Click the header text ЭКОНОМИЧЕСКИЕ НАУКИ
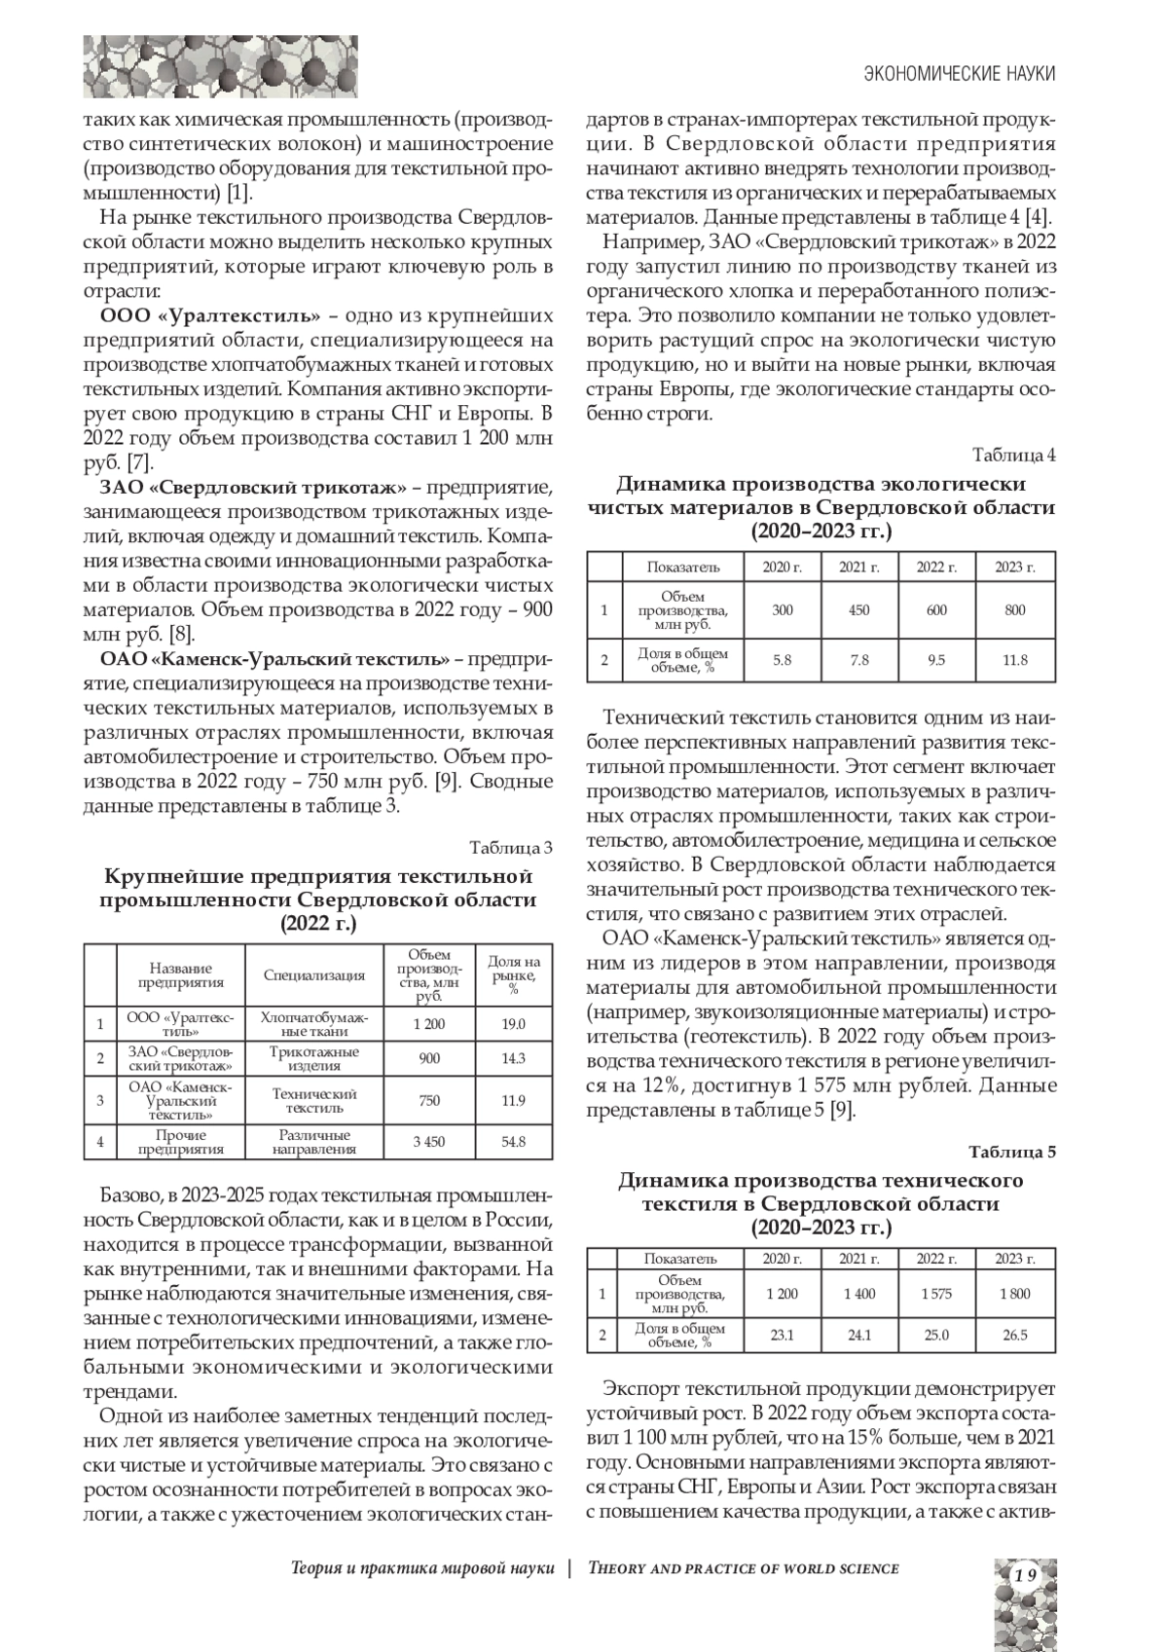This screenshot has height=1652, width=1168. pos(960,74)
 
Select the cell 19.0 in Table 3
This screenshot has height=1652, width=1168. pos(513,1024)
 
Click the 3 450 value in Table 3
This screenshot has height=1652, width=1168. pos(428,1141)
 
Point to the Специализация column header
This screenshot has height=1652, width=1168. pos(314,975)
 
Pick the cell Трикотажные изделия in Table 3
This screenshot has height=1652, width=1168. pos(314,1058)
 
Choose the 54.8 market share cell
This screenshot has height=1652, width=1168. pos(513,1141)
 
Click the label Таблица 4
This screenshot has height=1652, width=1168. pos(1015,455)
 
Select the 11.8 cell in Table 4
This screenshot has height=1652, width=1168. pos(1014,660)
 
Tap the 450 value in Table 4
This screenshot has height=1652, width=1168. pos(859,610)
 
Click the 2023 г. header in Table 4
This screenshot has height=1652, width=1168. pos(1014,567)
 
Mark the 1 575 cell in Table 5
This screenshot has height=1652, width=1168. pos(935,1294)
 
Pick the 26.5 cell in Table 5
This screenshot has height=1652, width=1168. pos(1014,1335)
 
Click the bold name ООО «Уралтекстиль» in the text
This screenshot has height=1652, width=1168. pos(211,316)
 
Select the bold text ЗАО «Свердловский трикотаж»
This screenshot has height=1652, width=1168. pos(253,486)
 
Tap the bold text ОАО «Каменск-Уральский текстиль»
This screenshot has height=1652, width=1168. pos(275,657)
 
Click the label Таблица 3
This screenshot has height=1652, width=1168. pos(511,847)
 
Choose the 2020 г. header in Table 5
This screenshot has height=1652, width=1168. pos(782,1259)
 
